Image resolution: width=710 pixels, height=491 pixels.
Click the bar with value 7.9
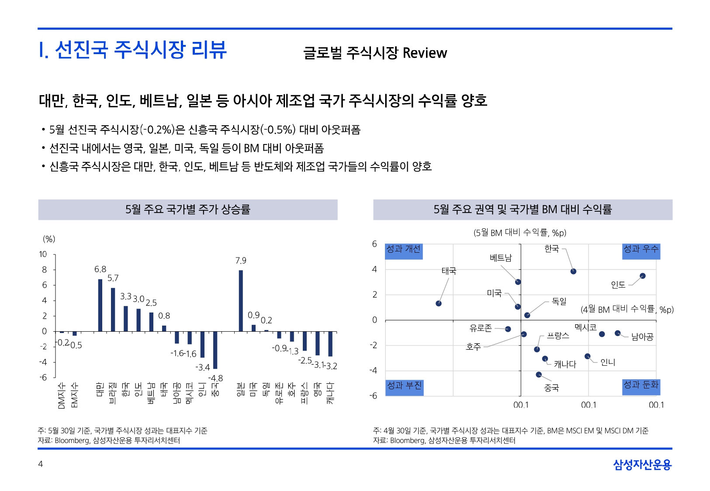[x=241, y=301]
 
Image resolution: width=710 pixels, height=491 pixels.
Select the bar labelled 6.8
[x=100, y=305]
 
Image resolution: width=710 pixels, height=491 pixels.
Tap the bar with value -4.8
[x=215, y=350]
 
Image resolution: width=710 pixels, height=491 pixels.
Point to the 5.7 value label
[x=113, y=278]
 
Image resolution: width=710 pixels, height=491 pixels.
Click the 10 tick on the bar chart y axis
[x=43, y=254]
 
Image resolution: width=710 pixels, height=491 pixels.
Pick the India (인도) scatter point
[x=642, y=276]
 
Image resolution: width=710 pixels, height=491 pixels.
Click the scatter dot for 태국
[x=439, y=303]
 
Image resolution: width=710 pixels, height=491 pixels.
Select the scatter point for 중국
[x=539, y=374]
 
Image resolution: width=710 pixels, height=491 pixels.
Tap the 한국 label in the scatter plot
[x=551, y=249]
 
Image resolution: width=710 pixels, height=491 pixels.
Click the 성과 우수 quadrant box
[x=641, y=251]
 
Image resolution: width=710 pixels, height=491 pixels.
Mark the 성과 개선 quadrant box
[x=404, y=251]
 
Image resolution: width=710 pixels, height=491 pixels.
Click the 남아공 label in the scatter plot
[x=642, y=336]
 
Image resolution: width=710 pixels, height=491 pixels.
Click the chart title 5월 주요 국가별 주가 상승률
[x=188, y=209]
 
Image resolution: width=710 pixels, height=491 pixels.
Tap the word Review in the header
[x=425, y=53]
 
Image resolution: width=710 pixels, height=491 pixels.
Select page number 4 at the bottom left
[x=41, y=464]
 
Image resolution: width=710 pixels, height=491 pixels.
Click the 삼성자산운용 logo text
[x=642, y=465]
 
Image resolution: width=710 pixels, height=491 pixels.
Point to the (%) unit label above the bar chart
[x=49, y=239]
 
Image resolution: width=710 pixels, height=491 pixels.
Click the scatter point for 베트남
[x=518, y=282]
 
